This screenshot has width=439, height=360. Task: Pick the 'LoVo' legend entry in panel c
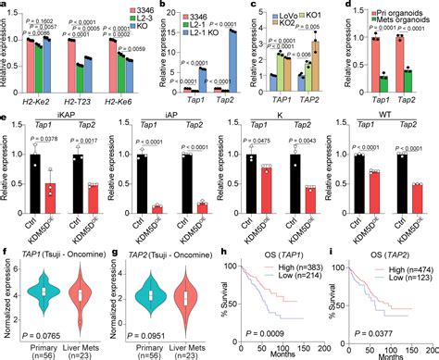click(262, 18)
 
